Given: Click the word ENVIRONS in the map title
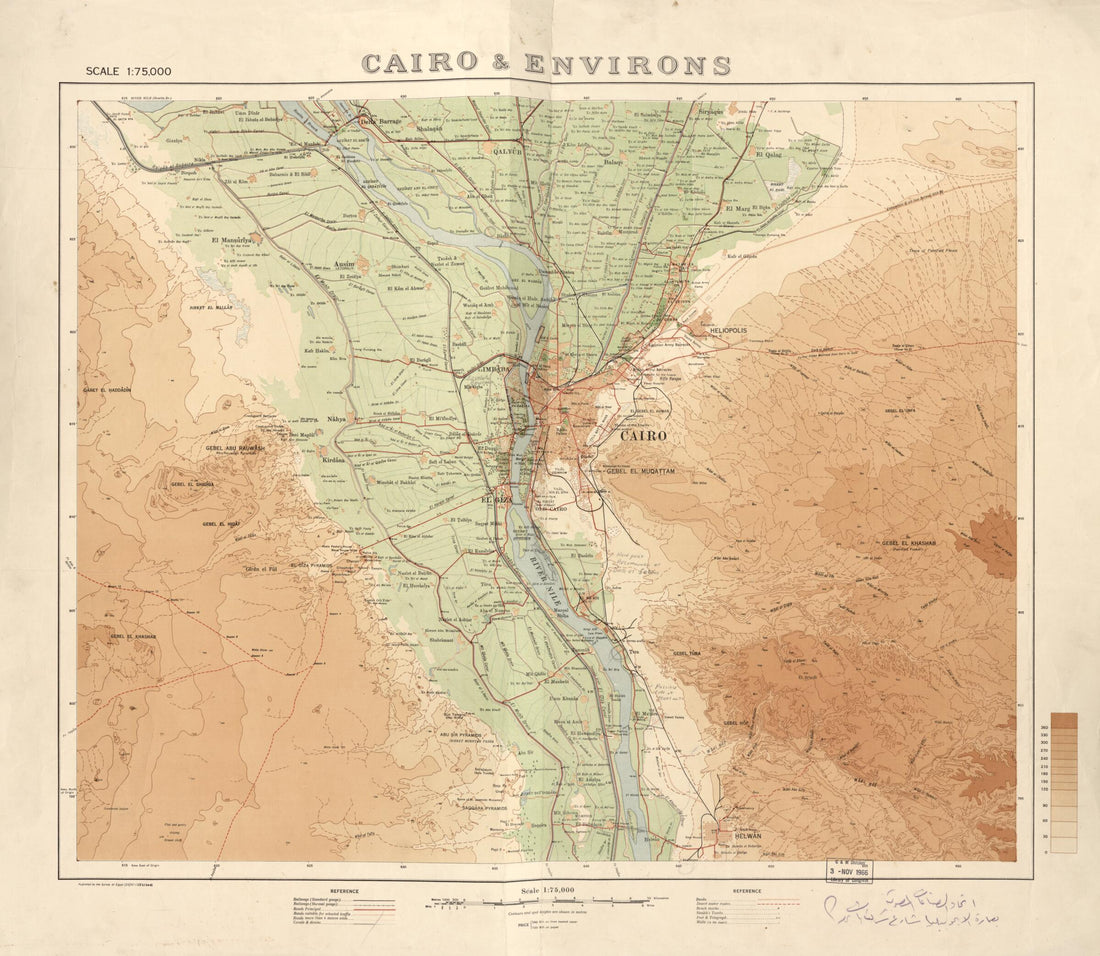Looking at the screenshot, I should coord(626,65).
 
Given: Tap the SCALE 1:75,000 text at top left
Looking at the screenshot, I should coord(128,71).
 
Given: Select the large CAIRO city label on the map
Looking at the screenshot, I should coord(643,436).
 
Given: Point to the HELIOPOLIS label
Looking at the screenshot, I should coord(728,329).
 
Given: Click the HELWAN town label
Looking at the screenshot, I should coord(741,835).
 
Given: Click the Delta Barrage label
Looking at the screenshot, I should coord(380,121).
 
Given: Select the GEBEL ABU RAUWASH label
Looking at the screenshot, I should coord(235,448).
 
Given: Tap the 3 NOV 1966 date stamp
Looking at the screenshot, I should coord(846,870).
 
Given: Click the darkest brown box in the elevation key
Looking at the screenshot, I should coord(1064,719).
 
